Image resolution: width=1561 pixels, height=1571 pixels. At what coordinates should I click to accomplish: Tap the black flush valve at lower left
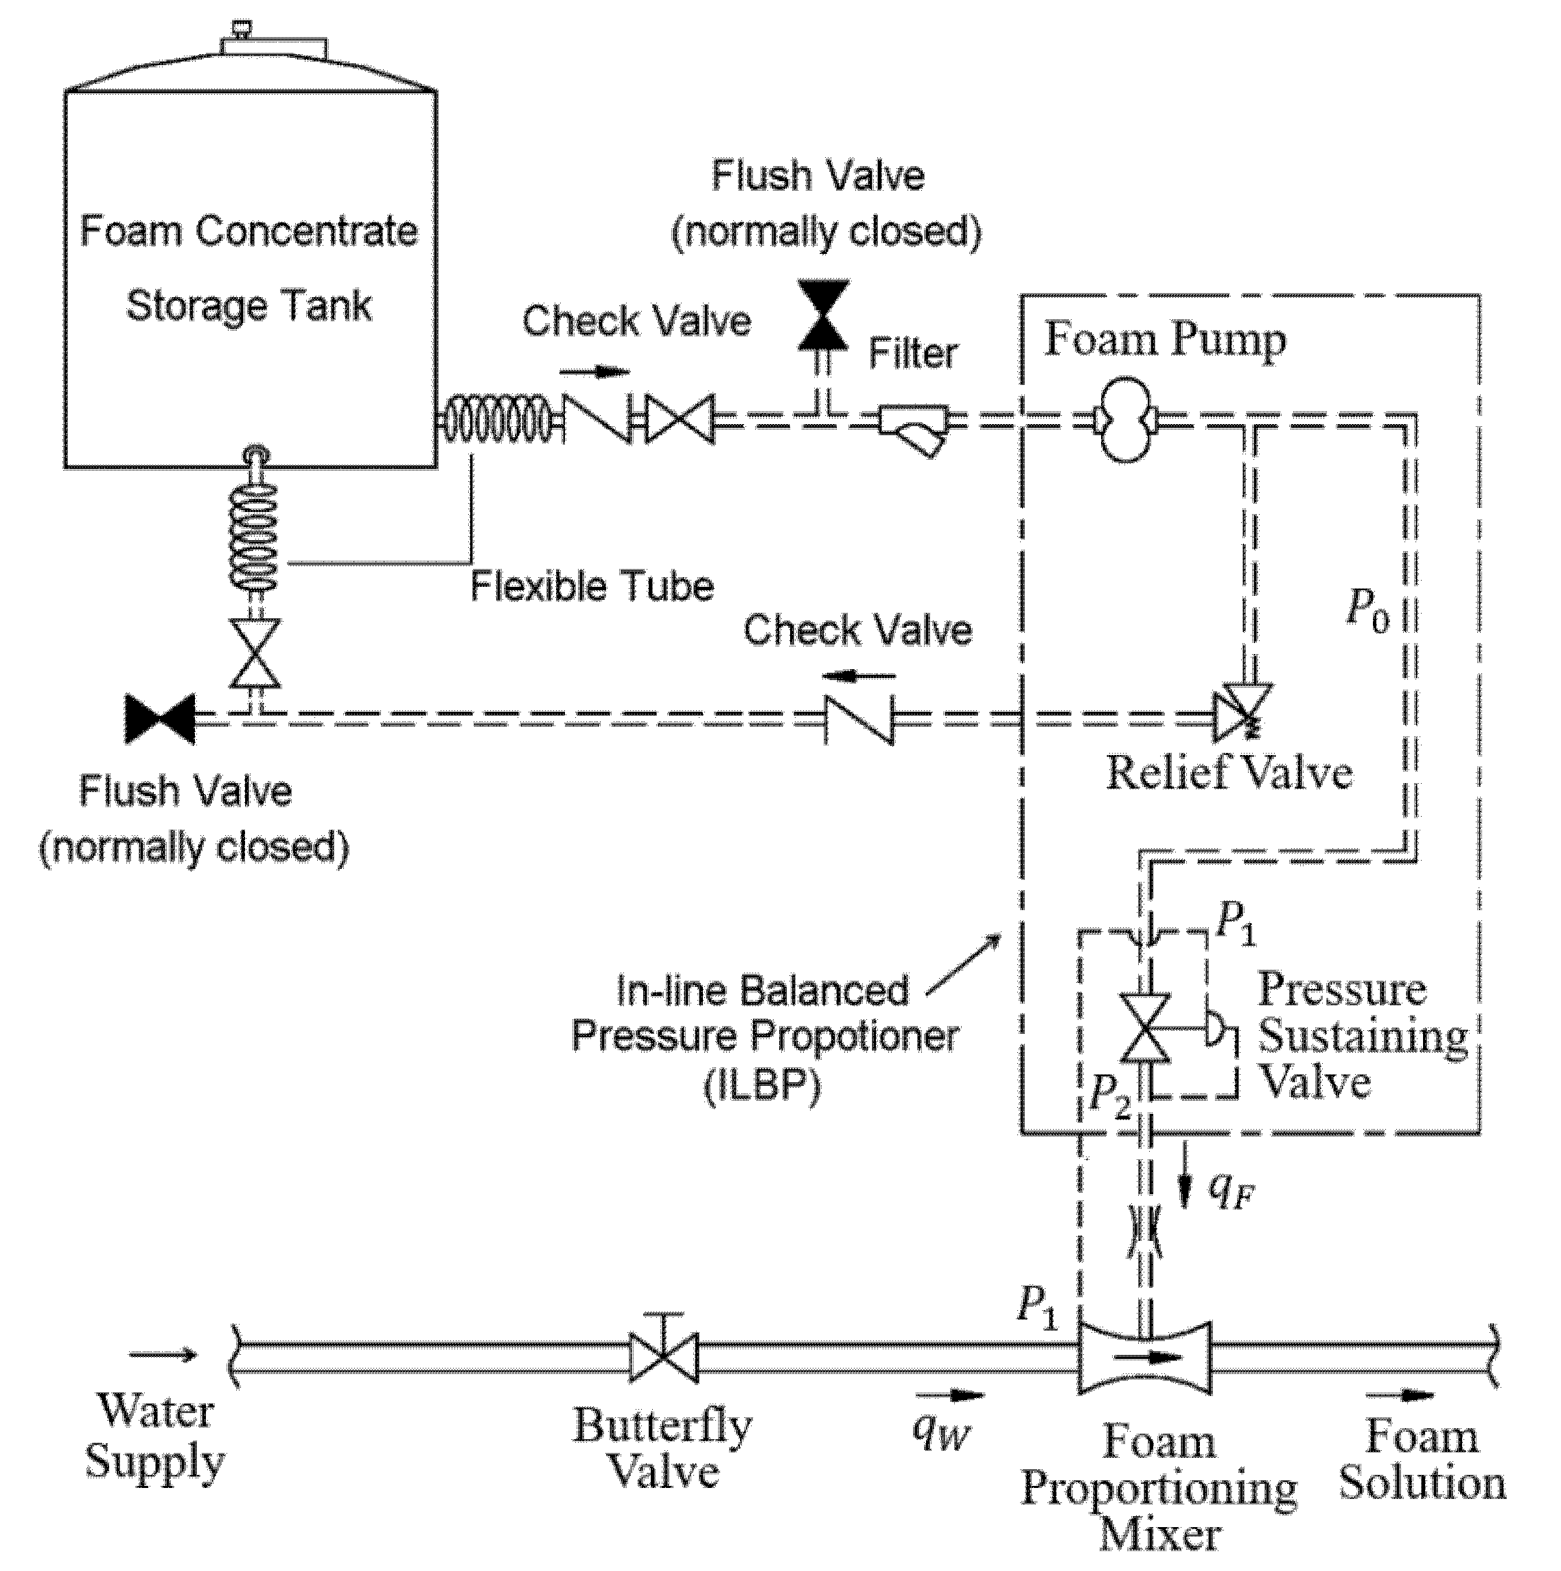point(159,719)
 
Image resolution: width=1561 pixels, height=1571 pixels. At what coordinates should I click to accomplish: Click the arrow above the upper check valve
point(594,373)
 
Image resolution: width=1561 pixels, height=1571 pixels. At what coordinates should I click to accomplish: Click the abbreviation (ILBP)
point(762,1086)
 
